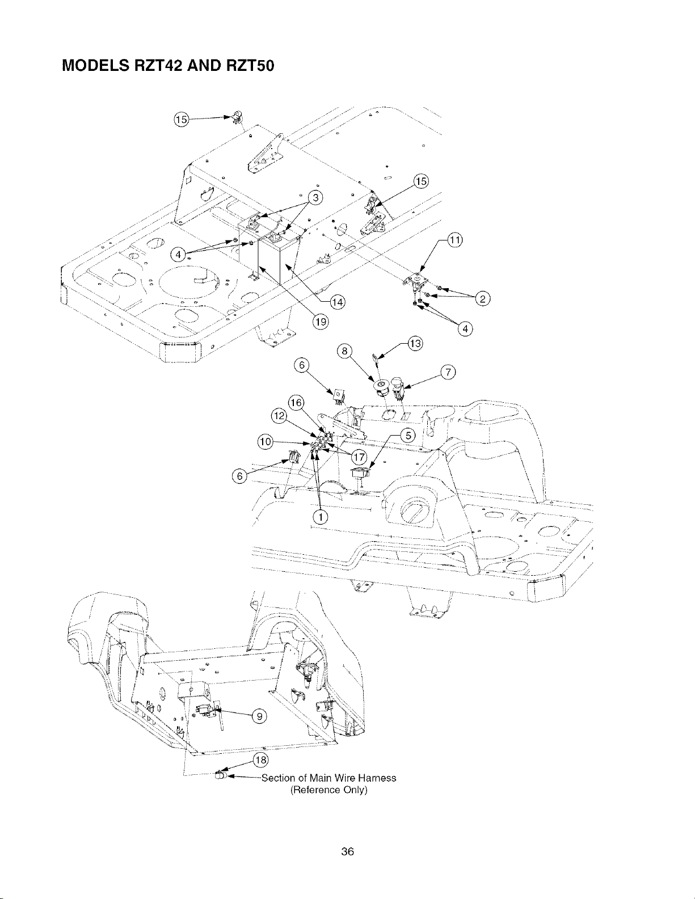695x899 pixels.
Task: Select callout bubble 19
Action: (x=321, y=322)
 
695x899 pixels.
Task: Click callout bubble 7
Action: (x=448, y=372)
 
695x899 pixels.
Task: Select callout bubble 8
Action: (x=344, y=351)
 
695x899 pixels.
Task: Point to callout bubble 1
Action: (x=321, y=516)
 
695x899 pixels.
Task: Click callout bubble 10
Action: (x=265, y=441)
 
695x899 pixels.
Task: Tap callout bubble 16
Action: (x=296, y=403)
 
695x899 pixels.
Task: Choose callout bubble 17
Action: (x=359, y=457)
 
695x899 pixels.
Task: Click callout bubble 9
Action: (x=260, y=716)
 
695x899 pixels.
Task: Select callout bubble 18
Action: (x=260, y=760)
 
